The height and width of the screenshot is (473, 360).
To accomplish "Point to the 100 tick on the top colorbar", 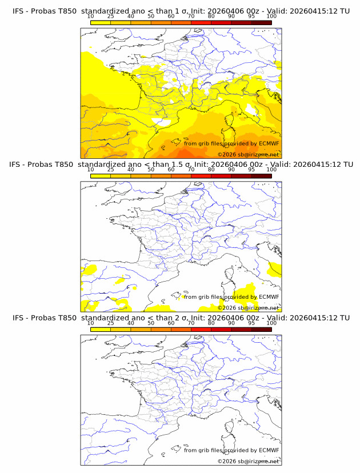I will coord(271,16).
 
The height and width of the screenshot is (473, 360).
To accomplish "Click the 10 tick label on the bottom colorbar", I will coord(90,323).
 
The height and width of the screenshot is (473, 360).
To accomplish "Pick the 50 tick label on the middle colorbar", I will coord(151,170).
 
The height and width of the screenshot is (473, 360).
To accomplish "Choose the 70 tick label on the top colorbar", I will coord(191,16).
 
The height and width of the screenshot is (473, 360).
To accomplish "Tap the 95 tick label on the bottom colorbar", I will coord(251,323).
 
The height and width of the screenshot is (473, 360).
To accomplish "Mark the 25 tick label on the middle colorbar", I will coord(110,170).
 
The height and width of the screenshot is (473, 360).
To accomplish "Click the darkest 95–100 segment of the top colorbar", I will coord(261,22).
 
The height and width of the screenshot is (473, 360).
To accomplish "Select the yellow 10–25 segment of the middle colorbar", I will coord(100,176).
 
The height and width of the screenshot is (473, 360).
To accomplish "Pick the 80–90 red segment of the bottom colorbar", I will coord(221,329).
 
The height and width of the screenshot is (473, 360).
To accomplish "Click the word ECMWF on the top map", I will coord(269,143).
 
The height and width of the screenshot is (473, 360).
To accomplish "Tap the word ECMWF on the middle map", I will coord(269,296).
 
